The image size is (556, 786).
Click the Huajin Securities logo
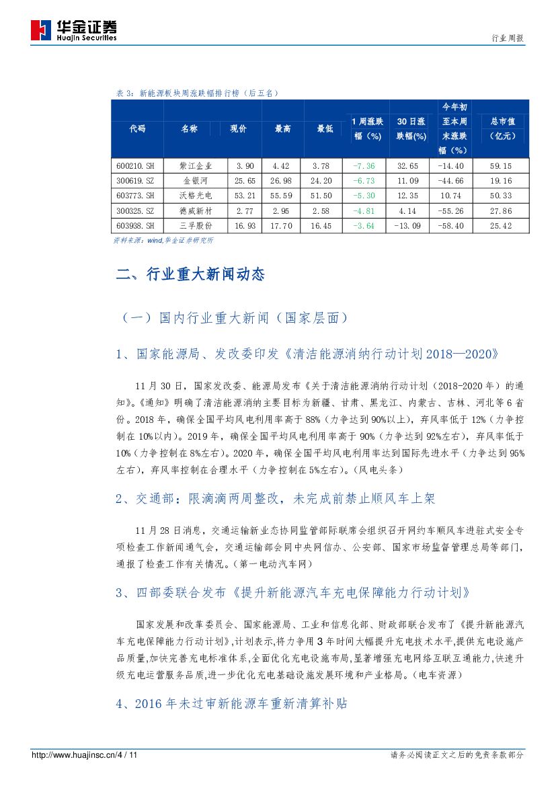[x=73, y=30]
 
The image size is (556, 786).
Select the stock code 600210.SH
[x=135, y=165]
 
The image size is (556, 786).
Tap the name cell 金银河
[x=196, y=181]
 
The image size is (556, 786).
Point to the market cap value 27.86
[x=501, y=211]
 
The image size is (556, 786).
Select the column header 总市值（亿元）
[x=501, y=128]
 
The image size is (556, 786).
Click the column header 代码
[x=137, y=128]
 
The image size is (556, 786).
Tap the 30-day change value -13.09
[x=408, y=226]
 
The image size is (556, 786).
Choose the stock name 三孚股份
[x=196, y=226]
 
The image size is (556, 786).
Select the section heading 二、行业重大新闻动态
[x=190, y=274]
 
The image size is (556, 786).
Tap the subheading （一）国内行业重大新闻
[x=235, y=317]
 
